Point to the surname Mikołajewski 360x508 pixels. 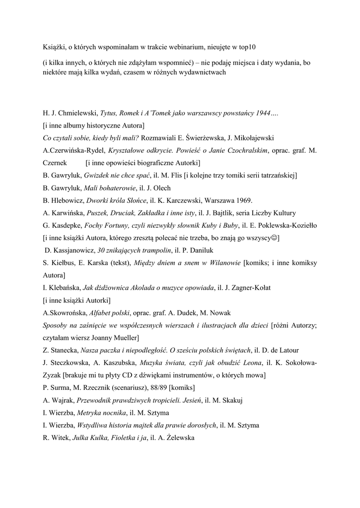tap(246, 137)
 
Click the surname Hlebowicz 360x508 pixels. tap(66, 200)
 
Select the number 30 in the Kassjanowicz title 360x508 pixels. tap(102, 251)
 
